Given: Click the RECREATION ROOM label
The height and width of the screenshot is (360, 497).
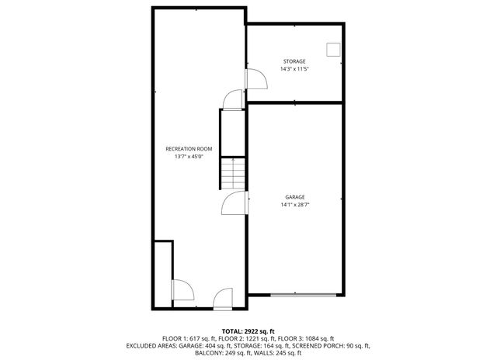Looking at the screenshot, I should [189, 148].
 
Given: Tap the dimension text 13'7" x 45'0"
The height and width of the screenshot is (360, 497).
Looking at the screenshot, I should [189, 157].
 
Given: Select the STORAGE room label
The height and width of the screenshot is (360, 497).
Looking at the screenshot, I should [294, 61].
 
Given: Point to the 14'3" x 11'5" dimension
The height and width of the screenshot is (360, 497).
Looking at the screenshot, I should [294, 69].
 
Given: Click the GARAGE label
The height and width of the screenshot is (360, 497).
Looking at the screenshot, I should [294, 197].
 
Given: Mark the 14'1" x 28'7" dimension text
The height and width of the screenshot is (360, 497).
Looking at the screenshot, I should [294, 205].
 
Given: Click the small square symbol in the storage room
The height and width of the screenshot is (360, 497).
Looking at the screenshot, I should [334, 50].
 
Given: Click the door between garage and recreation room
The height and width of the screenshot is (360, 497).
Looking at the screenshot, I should [235, 203].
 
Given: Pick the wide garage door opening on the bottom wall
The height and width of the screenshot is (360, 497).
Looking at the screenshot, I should [304, 295].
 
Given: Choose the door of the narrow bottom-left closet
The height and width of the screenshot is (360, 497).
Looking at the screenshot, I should [182, 289].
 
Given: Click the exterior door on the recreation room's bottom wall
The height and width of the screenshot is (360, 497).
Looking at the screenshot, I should [223, 297].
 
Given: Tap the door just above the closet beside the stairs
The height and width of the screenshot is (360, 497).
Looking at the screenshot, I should [231, 99].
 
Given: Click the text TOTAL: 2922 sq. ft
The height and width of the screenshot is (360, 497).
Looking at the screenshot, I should [248, 331].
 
